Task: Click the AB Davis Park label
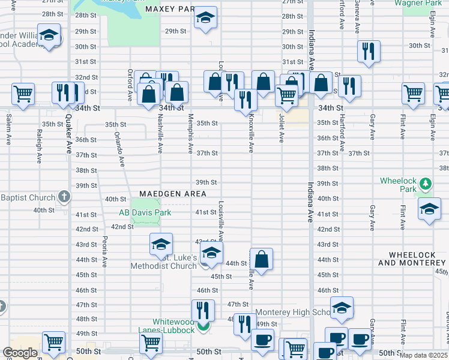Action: pyautogui.click(x=145, y=212)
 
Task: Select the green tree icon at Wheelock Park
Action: pyautogui.click(x=425, y=183)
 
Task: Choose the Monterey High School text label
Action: pyautogui.click(x=293, y=313)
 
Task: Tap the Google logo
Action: pyautogui.click(x=20, y=353)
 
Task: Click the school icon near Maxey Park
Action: pyautogui.click(x=205, y=19)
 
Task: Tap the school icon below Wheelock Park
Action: pyautogui.click(x=429, y=209)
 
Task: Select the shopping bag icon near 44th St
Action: pyautogui.click(x=261, y=259)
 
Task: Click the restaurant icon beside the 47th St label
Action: pyautogui.click(x=203, y=310)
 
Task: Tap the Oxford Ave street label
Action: pyautogui.click(x=130, y=84)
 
